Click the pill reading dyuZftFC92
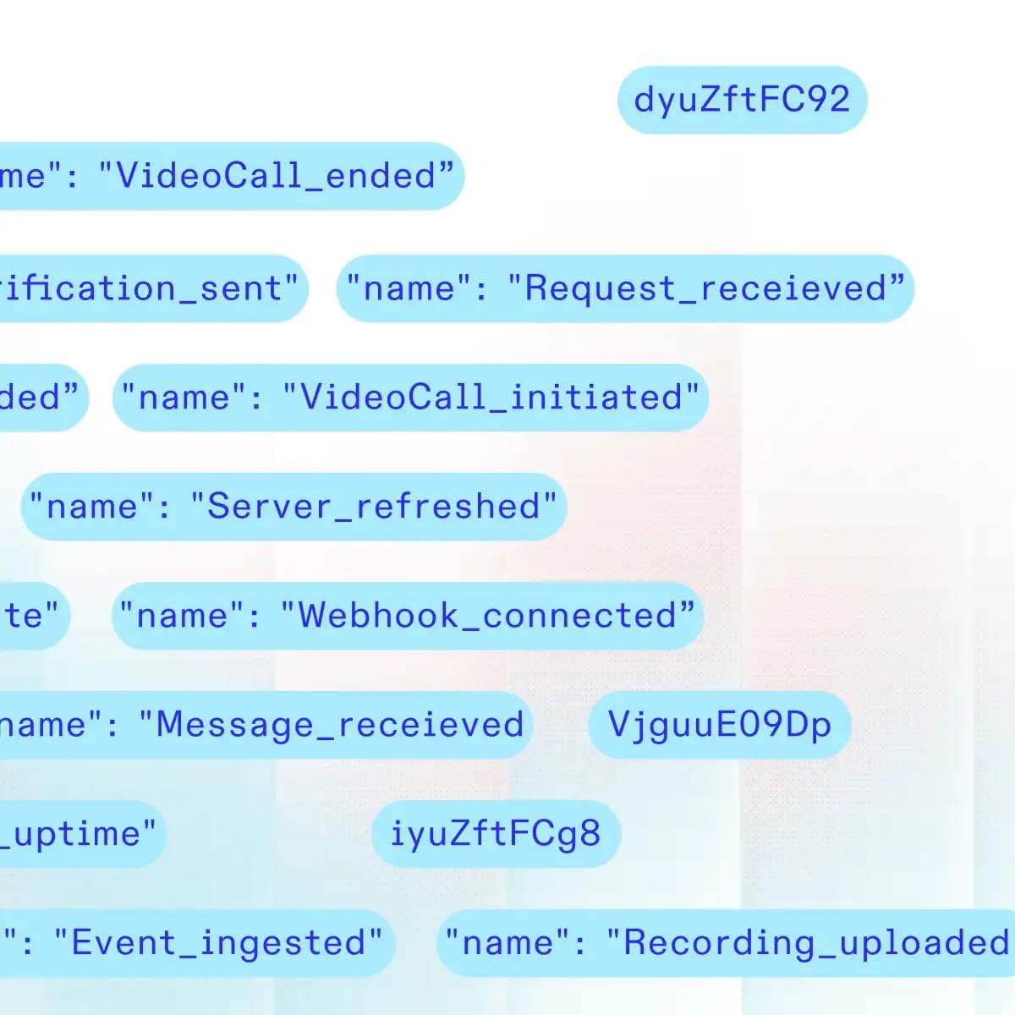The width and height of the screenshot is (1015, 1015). coord(742,100)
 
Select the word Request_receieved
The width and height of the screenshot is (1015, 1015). coord(706,288)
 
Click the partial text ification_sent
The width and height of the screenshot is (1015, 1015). coord(148,288)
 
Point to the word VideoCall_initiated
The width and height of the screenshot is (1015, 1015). coord(491,397)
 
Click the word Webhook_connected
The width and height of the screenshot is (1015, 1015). coord(488,615)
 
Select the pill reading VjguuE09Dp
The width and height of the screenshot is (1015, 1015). coord(719,725)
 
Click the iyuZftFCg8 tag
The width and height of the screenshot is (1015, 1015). coord(496,833)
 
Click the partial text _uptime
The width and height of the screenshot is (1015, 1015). coord(80,833)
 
